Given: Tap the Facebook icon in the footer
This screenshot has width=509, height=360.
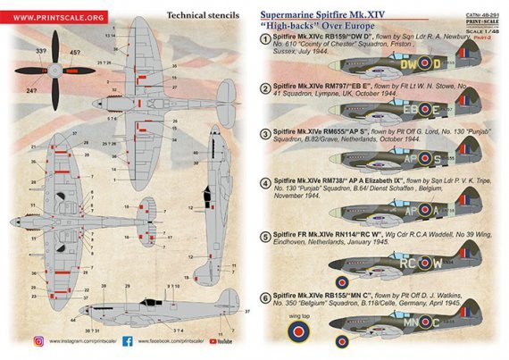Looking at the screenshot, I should pyautogui.click(x=125, y=340).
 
